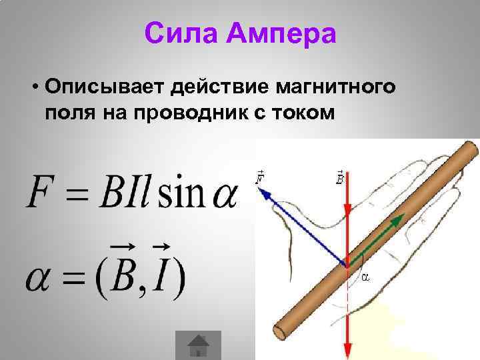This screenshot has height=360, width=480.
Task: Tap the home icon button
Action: point(198,345)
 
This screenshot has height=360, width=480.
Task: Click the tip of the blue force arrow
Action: point(261,192)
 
